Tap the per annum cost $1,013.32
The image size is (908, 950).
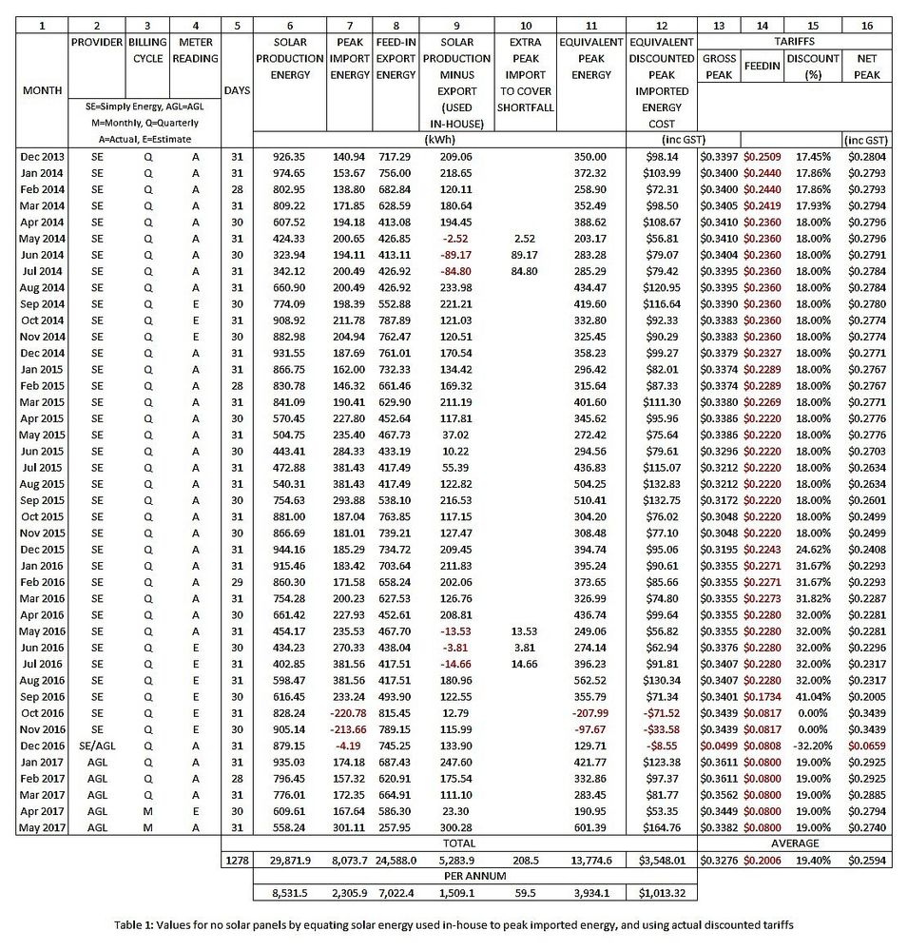(x=664, y=893)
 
